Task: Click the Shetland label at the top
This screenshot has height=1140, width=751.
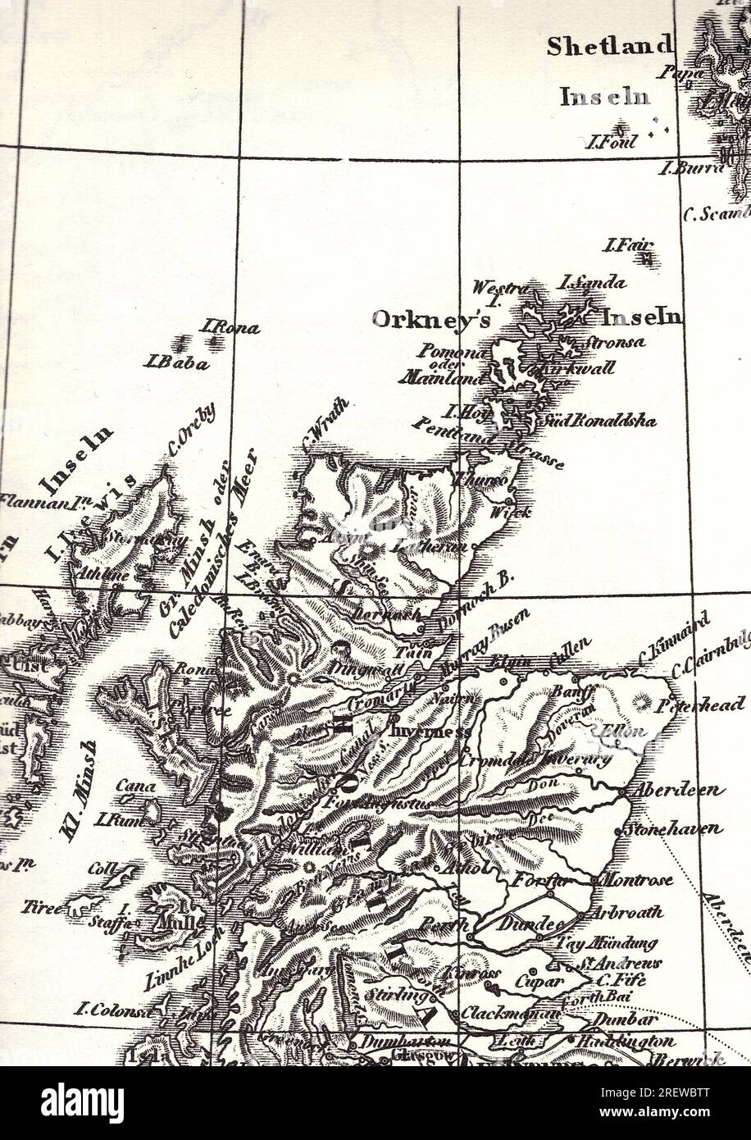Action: point(610,47)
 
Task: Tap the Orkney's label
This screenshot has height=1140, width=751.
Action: point(431,319)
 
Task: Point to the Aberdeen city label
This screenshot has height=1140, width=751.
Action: point(676,791)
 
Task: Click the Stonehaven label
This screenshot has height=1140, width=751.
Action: point(674,828)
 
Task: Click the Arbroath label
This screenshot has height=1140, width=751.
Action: point(632,912)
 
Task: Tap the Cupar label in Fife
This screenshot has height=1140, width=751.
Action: point(539,981)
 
